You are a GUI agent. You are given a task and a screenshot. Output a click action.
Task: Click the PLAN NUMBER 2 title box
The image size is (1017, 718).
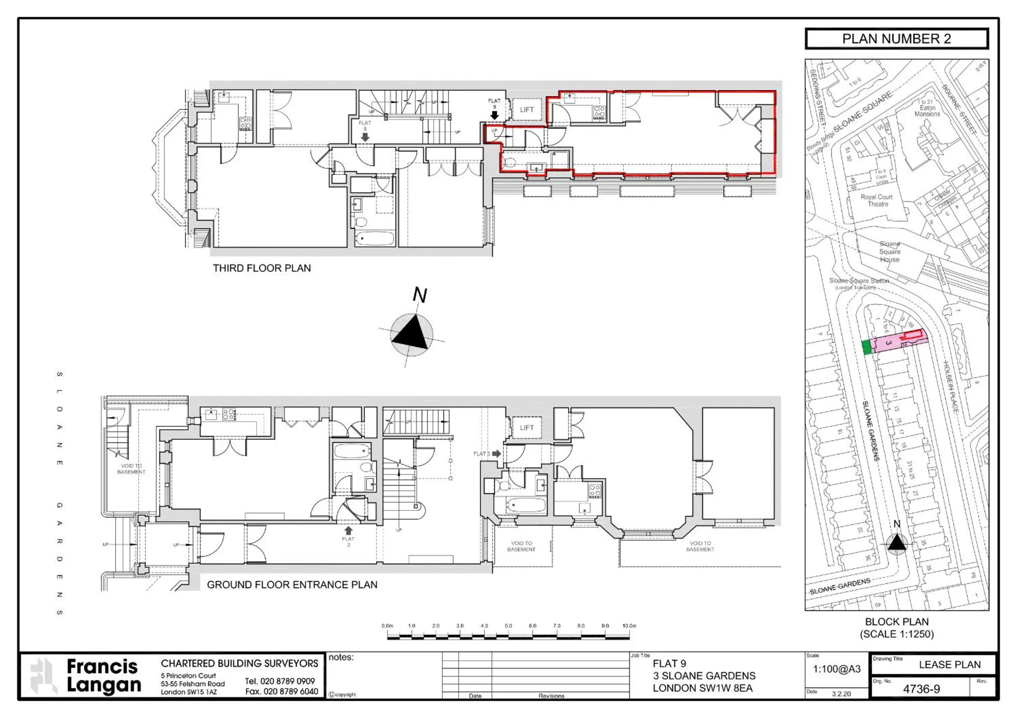(896, 39)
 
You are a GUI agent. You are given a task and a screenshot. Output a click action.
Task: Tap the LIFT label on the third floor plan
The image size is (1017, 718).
(527, 110)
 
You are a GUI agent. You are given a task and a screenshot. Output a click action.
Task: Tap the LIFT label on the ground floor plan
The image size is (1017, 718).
(527, 428)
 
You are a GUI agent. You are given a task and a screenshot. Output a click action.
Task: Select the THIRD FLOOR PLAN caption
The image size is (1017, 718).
(262, 268)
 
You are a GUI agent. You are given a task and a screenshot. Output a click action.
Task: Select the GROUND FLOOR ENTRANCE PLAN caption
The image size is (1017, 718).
(292, 585)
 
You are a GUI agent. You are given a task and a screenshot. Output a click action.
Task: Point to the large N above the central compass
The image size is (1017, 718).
(419, 295)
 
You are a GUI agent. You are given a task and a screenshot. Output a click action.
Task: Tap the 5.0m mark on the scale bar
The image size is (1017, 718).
(508, 626)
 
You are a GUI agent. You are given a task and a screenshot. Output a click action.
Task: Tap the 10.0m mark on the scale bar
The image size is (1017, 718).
(629, 626)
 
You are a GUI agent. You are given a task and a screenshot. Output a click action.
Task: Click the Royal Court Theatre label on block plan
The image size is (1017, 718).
(876, 201)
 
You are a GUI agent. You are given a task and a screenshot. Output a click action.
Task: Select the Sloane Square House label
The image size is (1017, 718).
(890, 251)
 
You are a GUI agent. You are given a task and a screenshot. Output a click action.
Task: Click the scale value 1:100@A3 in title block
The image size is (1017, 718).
(836, 669)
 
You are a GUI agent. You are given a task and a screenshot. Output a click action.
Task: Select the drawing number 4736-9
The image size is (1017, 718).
(921, 689)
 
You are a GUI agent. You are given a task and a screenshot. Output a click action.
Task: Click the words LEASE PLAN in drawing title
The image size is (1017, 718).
(950, 664)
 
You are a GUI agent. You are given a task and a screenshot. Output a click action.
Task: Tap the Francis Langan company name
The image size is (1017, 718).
(104, 676)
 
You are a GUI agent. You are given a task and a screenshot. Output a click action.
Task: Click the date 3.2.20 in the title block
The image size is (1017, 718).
(841, 694)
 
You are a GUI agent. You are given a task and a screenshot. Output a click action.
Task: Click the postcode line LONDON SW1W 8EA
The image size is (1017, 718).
(703, 688)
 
